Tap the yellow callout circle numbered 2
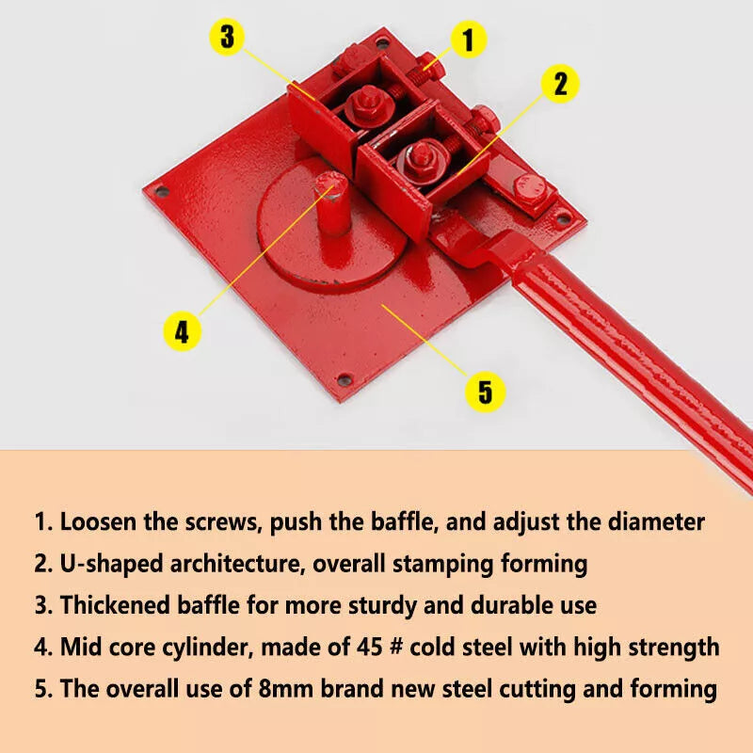(560, 84)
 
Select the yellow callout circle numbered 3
(227, 38)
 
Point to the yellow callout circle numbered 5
(485, 391)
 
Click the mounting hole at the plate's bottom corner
(344, 380)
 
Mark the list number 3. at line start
(43, 605)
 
